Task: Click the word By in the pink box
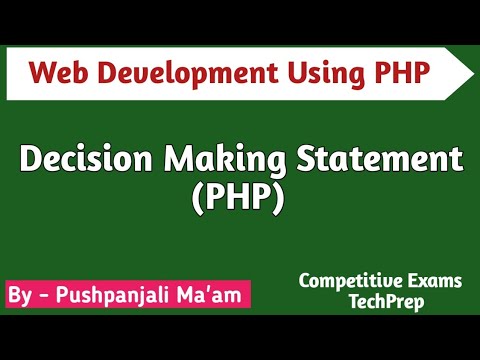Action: pos(20,297)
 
